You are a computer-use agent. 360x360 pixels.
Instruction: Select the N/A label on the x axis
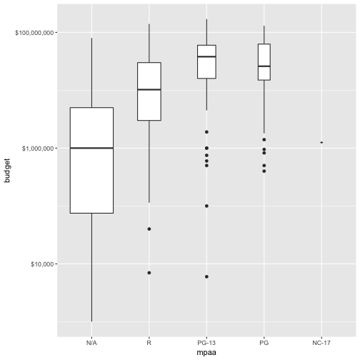coord(91,344)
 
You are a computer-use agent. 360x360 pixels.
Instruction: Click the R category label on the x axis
coord(149,344)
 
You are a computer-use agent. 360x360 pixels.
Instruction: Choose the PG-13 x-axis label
coord(206,344)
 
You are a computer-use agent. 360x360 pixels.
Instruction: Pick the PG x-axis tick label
coord(264,344)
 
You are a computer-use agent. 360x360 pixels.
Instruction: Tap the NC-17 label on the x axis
coord(321,344)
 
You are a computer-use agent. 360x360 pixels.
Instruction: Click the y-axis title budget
coord(8,171)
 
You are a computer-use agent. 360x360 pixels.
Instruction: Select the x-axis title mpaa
coord(206,353)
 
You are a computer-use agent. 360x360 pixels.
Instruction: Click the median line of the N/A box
coord(91,148)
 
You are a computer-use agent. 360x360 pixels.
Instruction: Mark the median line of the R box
coord(149,89)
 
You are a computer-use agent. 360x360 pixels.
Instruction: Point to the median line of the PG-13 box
coord(206,56)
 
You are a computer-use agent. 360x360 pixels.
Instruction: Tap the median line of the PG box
coord(264,66)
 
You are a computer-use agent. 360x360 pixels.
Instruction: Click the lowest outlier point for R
coord(149,273)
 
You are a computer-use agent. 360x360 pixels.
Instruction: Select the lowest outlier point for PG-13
coord(206,276)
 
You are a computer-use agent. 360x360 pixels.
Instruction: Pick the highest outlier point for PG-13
coord(206,131)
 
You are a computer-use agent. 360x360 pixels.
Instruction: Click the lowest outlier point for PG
coord(264,171)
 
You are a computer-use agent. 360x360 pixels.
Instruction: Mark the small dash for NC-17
coord(321,142)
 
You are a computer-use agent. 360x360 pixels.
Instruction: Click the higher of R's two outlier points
coord(149,229)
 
